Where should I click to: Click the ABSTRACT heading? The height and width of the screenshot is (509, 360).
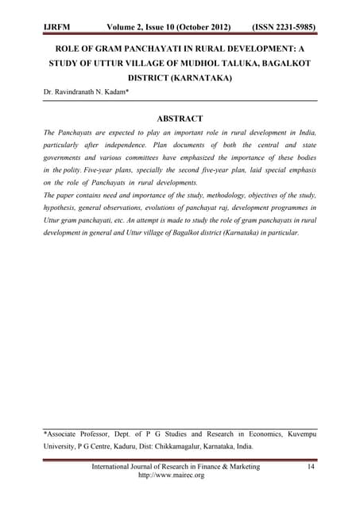click(180, 118)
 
